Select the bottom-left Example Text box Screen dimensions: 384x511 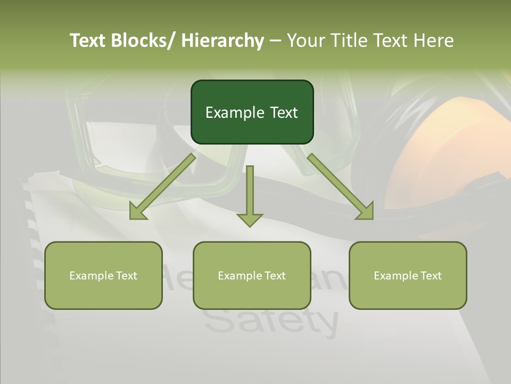point(103,276)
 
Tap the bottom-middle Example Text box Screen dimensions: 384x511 point(252,276)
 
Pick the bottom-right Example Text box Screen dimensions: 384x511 point(408,276)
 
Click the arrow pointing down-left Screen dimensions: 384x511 point(162,187)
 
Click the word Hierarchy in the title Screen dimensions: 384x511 point(222,41)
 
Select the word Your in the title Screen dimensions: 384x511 point(305,41)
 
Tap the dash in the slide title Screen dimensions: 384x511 point(275,41)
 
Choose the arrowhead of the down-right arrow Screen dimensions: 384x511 point(365,211)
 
